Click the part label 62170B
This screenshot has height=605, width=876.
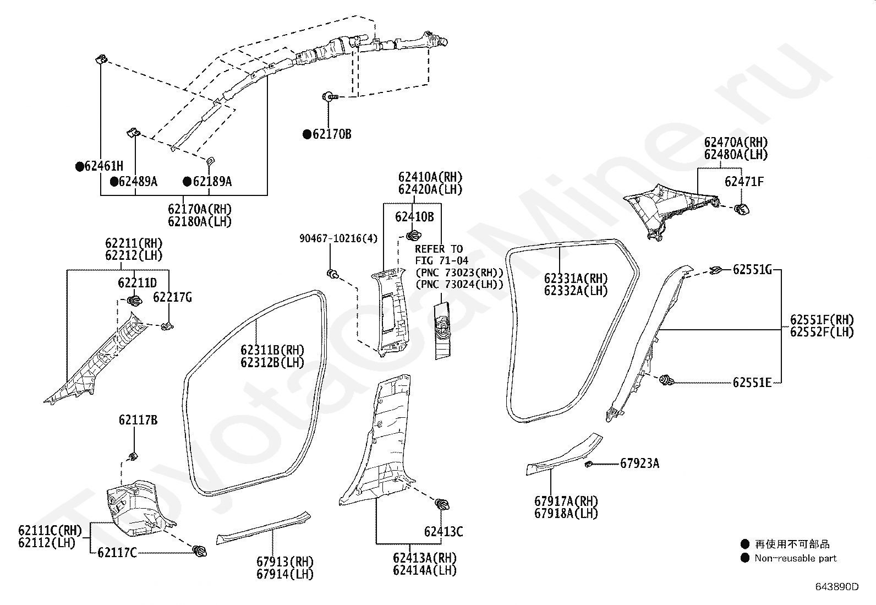332,134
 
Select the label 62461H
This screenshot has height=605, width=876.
103,166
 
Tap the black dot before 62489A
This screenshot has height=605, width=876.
114,182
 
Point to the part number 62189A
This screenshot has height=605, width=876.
212,182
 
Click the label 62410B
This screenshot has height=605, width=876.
414,217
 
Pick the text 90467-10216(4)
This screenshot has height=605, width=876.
338,238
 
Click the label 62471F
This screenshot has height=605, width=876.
744,182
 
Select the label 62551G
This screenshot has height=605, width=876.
752,270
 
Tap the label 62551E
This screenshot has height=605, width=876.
752,383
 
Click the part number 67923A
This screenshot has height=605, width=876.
640,464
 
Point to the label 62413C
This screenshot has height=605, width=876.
444,532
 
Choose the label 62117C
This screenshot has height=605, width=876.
117,553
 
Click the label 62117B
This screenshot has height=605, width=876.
138,420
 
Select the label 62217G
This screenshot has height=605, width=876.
172,297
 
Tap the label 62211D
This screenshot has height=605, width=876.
137,282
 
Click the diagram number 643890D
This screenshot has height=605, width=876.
837,587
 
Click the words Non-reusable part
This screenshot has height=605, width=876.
796,558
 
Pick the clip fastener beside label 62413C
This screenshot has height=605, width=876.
442,504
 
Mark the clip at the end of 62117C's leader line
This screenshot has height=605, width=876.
200,552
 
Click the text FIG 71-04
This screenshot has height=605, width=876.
441,260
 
